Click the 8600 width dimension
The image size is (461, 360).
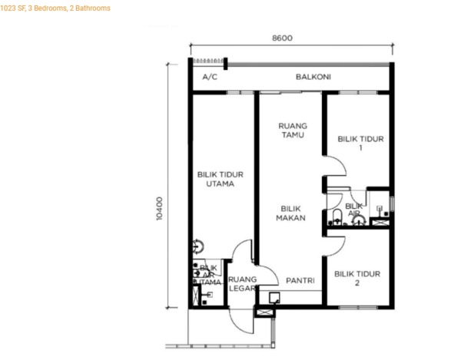(282, 38)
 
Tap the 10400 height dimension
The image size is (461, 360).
(159, 209)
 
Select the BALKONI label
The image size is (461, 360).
(313, 77)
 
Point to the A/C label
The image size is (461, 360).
(210, 77)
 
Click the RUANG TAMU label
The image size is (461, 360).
(293, 130)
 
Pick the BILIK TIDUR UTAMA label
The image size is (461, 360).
(221, 179)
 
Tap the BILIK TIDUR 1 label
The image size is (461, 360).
(361, 143)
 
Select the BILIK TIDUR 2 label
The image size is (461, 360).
(357, 279)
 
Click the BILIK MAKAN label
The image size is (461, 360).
(290, 213)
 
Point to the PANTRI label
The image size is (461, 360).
(300, 281)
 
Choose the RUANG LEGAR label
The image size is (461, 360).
(243, 284)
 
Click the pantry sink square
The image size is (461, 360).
(274, 298)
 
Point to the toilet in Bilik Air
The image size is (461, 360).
(337, 216)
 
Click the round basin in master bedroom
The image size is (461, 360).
(198, 246)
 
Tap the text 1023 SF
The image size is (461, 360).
(12, 8)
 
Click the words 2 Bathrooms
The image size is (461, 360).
(90, 8)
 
